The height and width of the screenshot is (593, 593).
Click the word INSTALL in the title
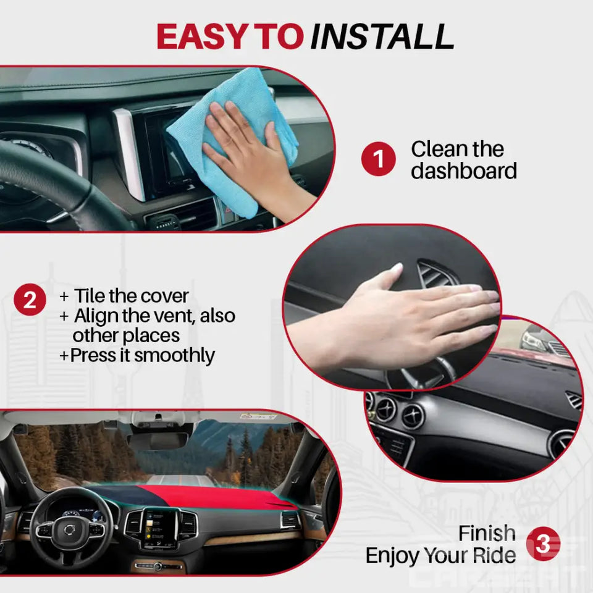382,37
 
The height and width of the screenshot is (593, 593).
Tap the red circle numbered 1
378,159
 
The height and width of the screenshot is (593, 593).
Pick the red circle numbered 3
543,544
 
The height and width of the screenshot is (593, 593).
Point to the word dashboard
463,171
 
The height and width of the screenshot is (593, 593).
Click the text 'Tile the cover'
131,296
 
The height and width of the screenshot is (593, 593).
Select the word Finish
487,533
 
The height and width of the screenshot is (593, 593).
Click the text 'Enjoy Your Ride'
440,555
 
